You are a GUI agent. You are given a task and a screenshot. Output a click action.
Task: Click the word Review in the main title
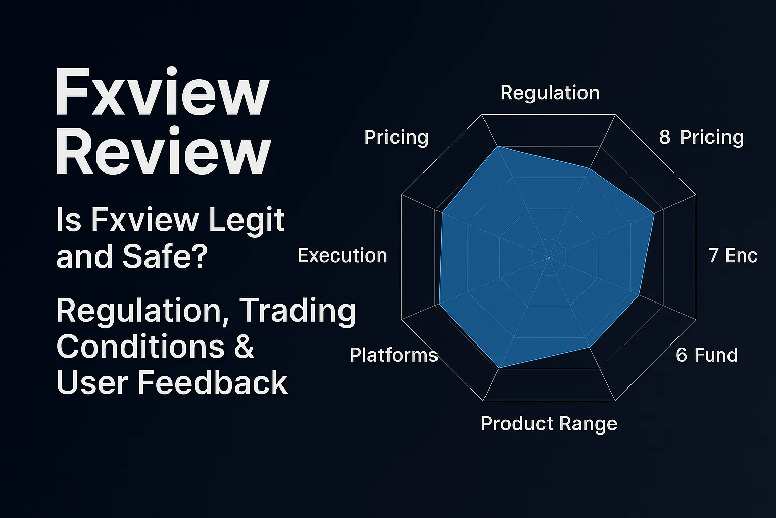pos(163,152)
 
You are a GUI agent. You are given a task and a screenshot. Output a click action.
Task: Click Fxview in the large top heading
pos(162,94)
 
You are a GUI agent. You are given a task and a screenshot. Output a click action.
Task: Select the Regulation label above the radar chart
pos(550,93)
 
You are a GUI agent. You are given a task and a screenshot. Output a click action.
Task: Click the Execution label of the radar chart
pos(342,255)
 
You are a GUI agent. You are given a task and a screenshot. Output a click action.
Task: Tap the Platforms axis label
pos(394,355)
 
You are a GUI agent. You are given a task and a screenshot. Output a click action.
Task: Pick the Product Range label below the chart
pos(549,423)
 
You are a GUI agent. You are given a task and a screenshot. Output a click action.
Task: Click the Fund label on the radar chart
pos(716,355)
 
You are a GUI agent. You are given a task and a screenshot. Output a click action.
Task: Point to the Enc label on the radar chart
pos(741,255)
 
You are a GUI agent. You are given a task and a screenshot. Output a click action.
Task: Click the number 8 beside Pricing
pos(664,137)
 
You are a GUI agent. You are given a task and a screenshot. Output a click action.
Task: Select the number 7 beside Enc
pos(713,255)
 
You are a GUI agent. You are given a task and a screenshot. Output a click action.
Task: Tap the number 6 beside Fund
pos(681,355)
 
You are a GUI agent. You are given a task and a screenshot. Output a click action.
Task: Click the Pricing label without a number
pos(396,137)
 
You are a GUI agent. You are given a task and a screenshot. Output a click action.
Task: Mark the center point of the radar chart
pos(549,257)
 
